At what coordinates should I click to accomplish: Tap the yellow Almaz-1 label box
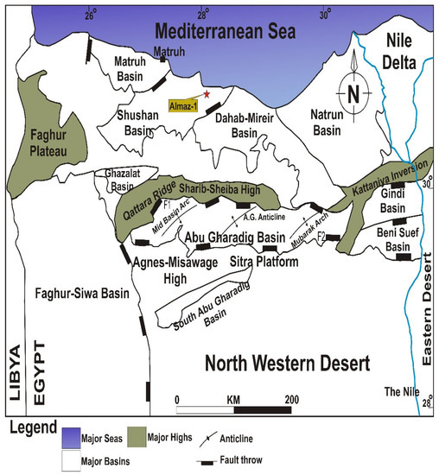point(186,103)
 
